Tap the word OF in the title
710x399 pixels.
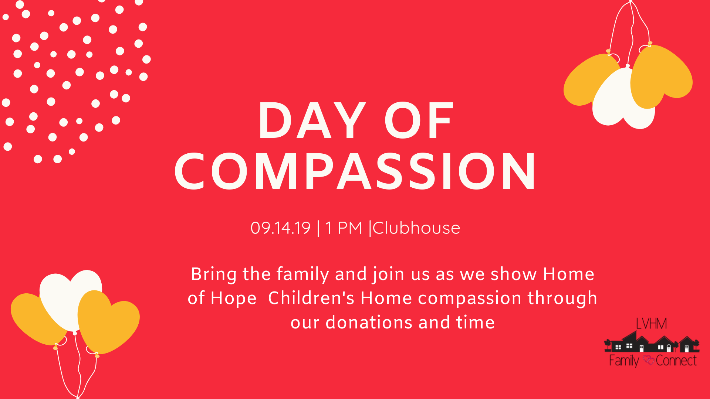point(419,120)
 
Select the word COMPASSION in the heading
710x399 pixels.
point(355,171)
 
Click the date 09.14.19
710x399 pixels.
point(280,228)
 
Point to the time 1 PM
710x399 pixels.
point(344,228)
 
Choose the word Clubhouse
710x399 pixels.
point(416,228)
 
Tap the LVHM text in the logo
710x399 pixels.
point(651,324)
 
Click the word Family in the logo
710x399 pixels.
point(624,361)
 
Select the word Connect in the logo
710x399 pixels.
point(676,360)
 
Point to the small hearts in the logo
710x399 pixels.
point(649,360)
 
